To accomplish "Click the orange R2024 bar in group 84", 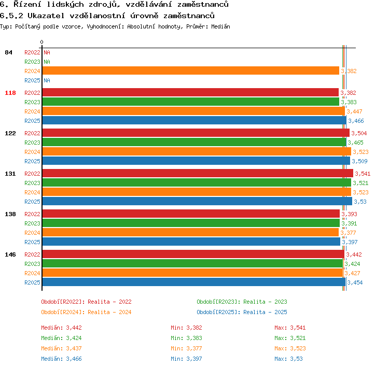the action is click(x=190, y=70).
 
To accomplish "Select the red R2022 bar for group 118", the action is click(x=190, y=92).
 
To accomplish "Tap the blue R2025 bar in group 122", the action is click(x=196, y=161).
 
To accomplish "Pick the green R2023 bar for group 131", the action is click(x=197, y=182).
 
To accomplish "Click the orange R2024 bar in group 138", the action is click(x=190, y=232).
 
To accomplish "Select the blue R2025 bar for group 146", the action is click(x=194, y=282).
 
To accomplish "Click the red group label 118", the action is click(x=10, y=93).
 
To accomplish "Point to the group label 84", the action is click(x=8, y=52).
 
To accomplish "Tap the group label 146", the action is click(x=10, y=254).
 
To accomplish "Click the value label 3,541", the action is click(x=363, y=174).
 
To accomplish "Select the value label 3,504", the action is click(x=359, y=133).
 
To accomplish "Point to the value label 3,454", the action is click(x=355, y=282).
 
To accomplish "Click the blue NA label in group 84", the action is click(x=47, y=80).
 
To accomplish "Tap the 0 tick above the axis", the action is click(x=41, y=42).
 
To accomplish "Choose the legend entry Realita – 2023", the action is click(x=265, y=302).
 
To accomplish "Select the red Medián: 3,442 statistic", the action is click(x=61, y=328).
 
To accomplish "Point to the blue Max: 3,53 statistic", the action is click(x=288, y=359).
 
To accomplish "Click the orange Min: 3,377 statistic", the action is click(x=186, y=348).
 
